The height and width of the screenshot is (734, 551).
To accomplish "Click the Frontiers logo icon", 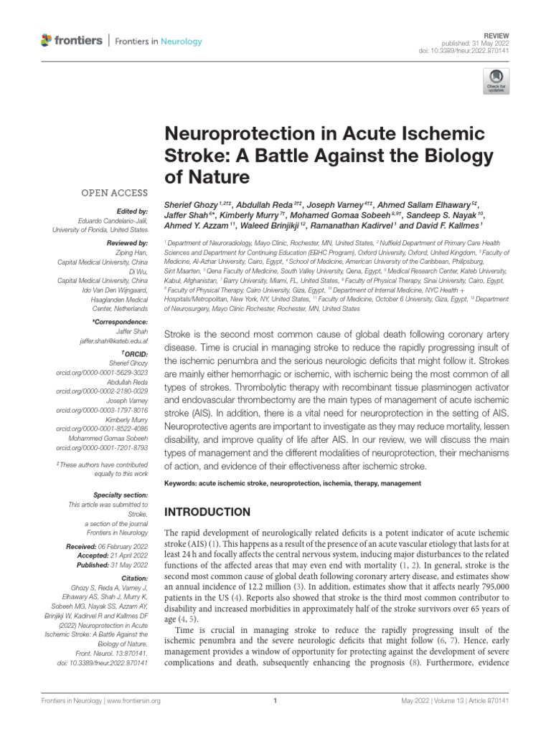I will [x=47, y=40].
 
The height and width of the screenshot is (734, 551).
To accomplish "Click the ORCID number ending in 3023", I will [x=103, y=372].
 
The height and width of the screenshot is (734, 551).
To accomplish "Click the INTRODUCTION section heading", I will [x=208, y=512].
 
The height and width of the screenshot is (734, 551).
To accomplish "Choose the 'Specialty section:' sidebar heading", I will [x=121, y=495].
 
